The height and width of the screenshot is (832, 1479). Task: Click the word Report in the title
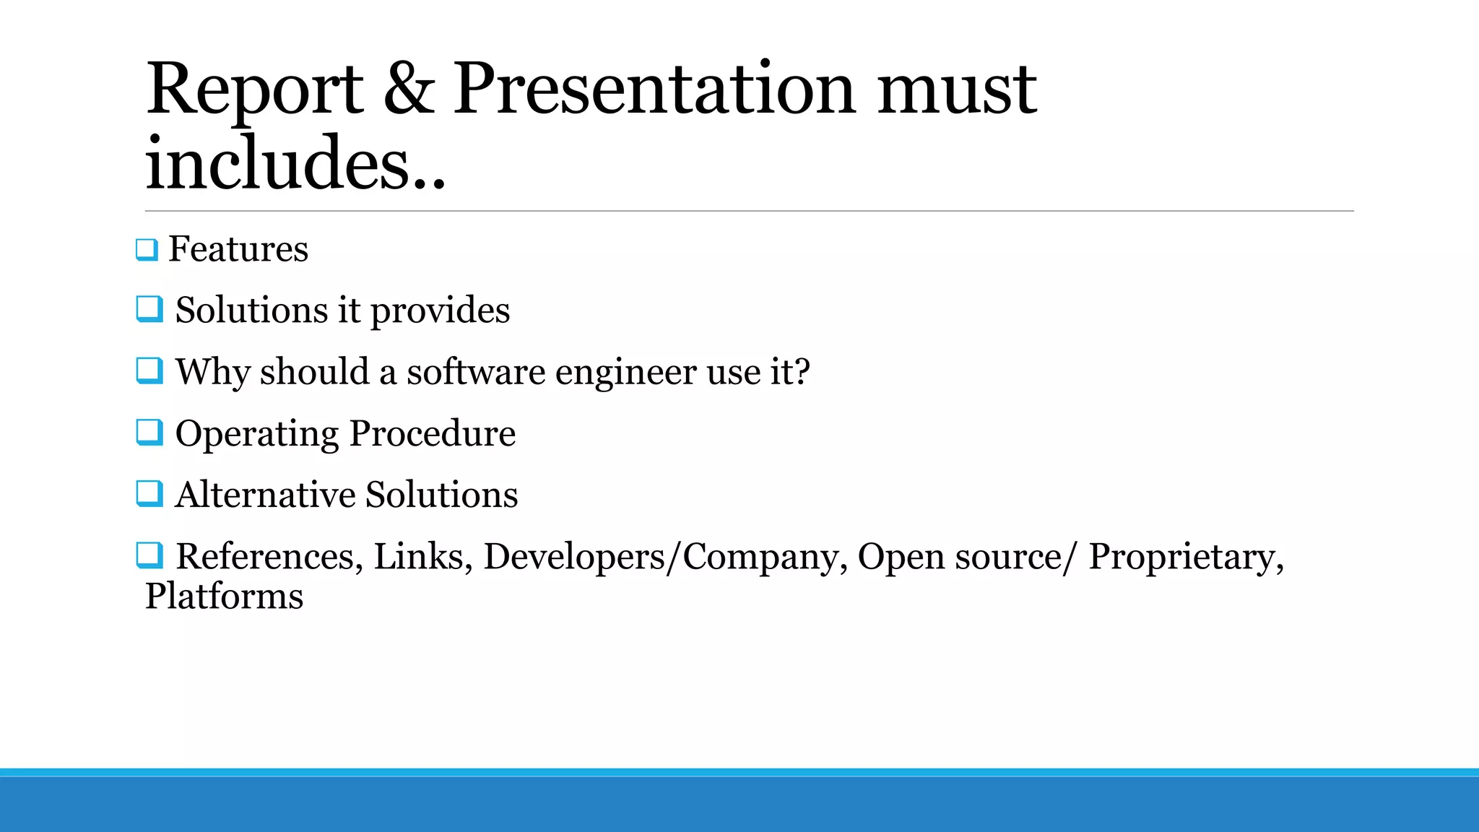[254, 90]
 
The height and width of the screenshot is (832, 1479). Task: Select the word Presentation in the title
[654, 90]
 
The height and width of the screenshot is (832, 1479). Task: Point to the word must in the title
[957, 90]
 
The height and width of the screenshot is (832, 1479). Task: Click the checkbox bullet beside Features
[147, 250]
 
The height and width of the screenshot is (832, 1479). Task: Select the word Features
[238, 249]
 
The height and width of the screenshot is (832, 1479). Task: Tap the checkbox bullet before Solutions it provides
[149, 310]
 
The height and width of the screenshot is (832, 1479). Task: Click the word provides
[440, 311]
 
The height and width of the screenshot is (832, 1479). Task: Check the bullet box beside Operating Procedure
[149, 433]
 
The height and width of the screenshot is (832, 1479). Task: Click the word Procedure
[432, 433]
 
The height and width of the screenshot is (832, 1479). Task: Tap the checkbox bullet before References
[149, 555]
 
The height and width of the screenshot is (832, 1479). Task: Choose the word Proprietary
[1185, 557]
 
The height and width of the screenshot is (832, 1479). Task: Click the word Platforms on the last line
[224, 597]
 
